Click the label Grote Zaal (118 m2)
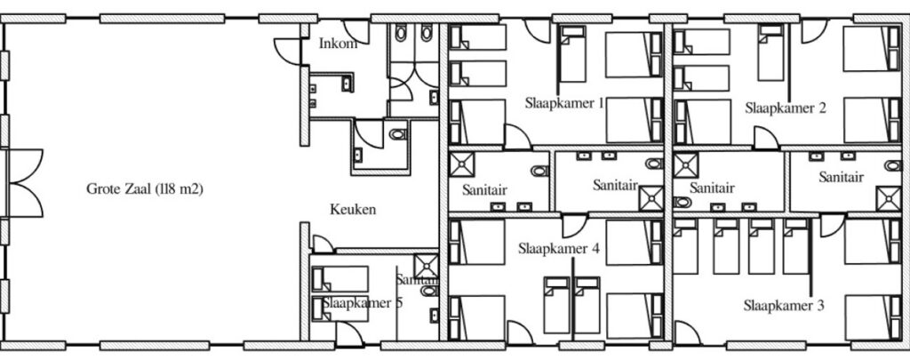[145, 189]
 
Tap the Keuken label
[353, 211]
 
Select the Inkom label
[338, 44]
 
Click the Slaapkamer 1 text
[564, 102]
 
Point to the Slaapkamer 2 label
[786, 108]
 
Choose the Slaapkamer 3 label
[784, 307]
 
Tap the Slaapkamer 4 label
[559, 249]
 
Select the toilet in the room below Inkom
[396, 135]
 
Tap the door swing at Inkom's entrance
[287, 49]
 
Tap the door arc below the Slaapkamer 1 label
[517, 137]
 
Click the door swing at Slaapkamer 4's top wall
[573, 225]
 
